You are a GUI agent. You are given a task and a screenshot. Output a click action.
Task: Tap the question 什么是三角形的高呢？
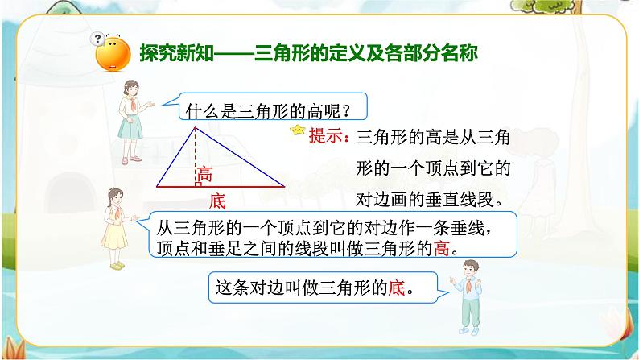pyautogui.click(x=265, y=107)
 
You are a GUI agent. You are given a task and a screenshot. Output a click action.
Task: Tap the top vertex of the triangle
pyautogui.click(x=194, y=126)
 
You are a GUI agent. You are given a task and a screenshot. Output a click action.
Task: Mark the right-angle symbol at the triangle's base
pyautogui.click(x=197, y=183)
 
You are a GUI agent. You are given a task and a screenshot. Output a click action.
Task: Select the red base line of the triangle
pyautogui.click(x=241, y=186)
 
